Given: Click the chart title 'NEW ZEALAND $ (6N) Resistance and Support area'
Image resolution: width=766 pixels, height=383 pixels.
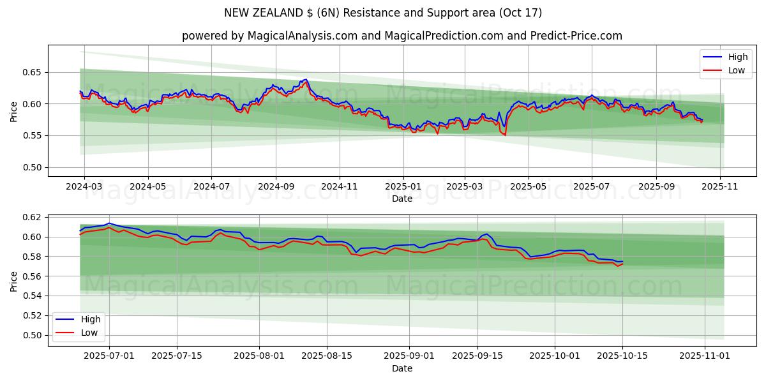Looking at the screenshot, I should coord(383,13).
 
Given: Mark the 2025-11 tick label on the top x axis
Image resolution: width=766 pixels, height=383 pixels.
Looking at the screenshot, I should coord(720,188).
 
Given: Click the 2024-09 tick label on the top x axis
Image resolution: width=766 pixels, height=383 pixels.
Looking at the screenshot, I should coord(276,188).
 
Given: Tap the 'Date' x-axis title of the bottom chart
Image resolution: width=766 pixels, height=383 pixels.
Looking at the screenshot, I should coord(402,368).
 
